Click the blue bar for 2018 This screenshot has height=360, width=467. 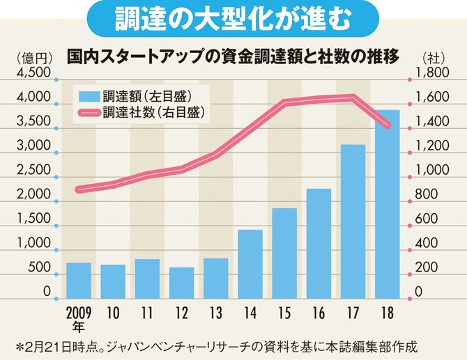coord(388,202)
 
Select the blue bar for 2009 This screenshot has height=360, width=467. coord(78,278)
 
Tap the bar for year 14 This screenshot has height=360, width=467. coord(250,262)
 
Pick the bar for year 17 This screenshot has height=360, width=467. coord(353,219)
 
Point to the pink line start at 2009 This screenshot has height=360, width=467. coord(78,189)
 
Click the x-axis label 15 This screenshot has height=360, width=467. coord(284,311)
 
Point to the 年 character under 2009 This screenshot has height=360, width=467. coord(78,325)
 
